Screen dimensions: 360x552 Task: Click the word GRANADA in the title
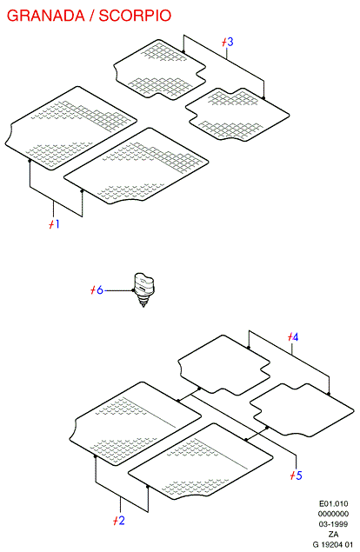[x=46, y=16]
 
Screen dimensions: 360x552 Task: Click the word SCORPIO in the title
[x=135, y=16]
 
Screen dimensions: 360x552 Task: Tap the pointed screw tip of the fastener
[x=143, y=307]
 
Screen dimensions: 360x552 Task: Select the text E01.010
[x=333, y=503]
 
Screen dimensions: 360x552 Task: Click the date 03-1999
[x=333, y=524]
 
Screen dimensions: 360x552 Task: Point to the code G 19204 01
[x=333, y=544]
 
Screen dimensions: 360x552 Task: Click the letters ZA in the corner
[x=334, y=534]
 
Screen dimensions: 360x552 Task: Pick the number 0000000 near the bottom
[x=333, y=514]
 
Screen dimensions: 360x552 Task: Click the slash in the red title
[x=92, y=16]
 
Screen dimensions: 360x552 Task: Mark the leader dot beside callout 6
[x=133, y=290]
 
